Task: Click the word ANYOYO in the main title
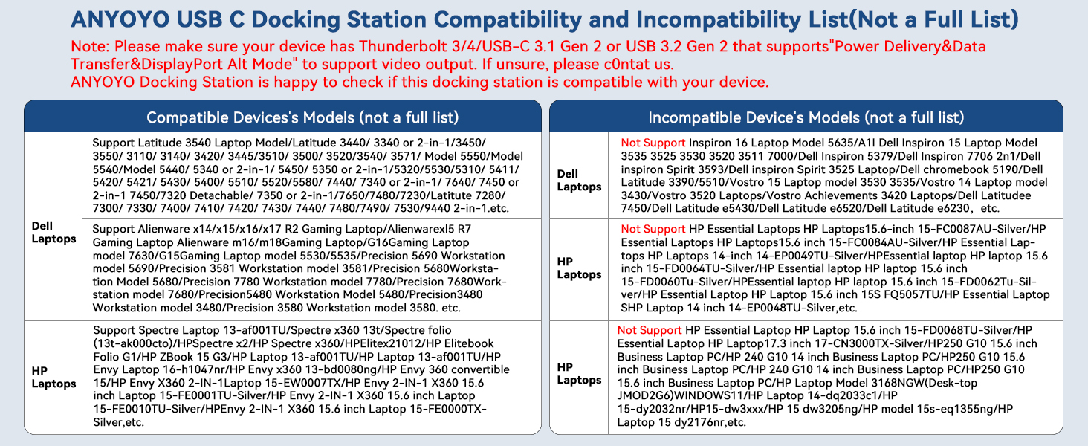pos(120,19)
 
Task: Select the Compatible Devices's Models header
pos(302,117)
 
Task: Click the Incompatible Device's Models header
pos(806,117)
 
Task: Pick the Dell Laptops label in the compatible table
pos(54,232)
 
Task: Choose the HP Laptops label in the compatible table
pos(54,377)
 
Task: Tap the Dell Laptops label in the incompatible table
pos(579,180)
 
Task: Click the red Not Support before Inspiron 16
pos(653,143)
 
